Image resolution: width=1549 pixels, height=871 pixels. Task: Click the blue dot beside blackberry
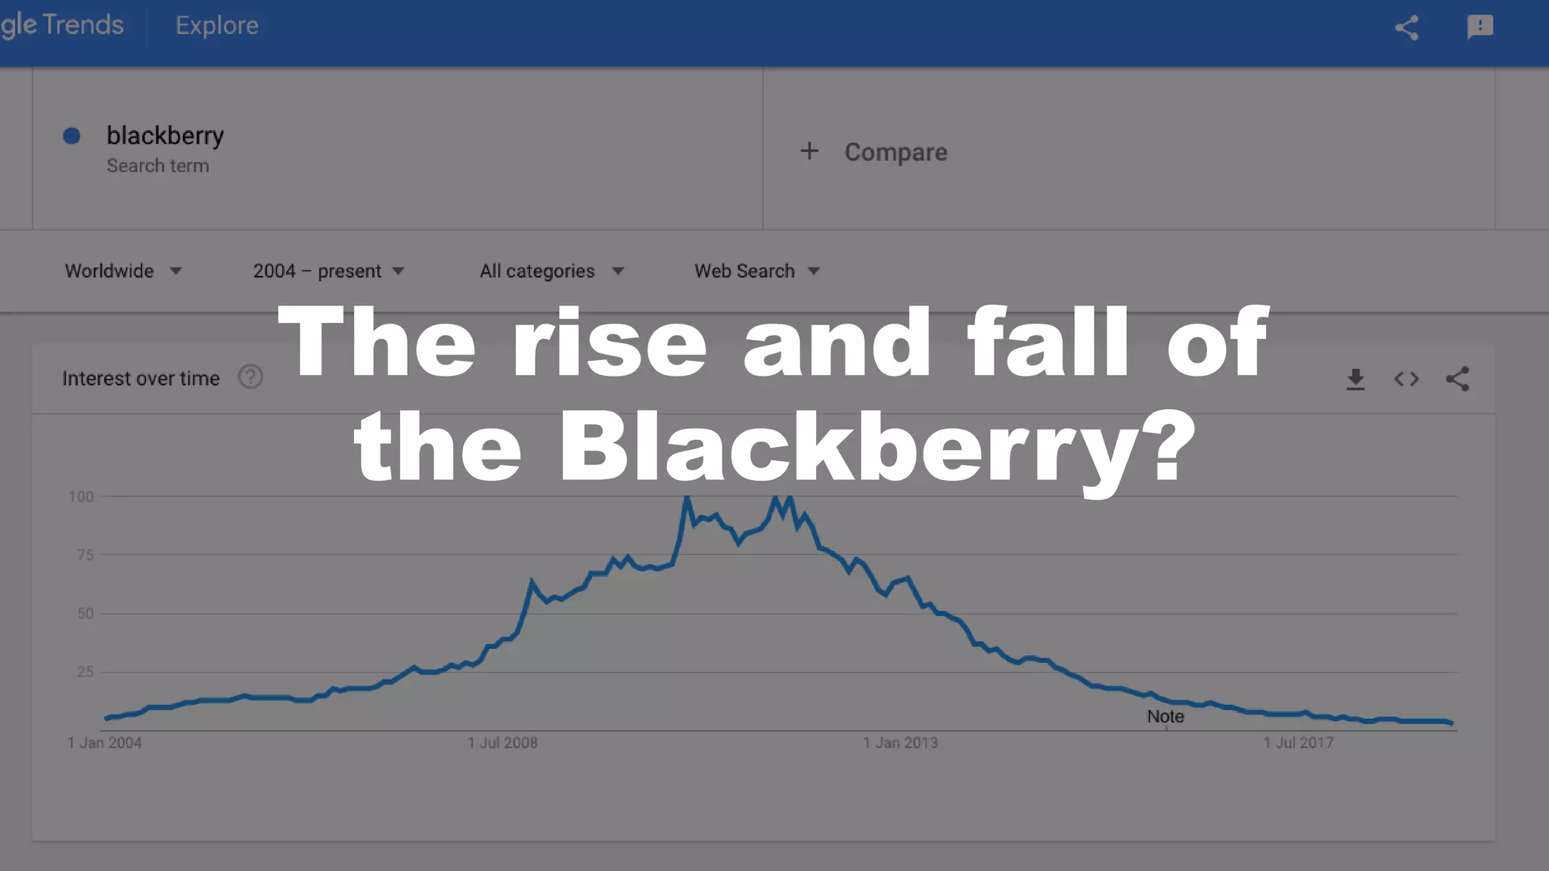tap(72, 136)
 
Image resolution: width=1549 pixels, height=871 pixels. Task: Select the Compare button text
tap(896, 152)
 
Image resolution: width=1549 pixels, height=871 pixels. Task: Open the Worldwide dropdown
tap(123, 271)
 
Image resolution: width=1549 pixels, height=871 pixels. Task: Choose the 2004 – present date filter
tap(328, 271)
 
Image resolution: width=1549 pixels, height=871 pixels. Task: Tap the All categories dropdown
tap(551, 271)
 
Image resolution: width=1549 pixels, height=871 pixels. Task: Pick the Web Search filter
tap(756, 271)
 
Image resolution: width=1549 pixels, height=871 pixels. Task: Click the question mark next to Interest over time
tap(250, 377)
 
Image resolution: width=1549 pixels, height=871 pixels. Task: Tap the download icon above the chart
tap(1355, 379)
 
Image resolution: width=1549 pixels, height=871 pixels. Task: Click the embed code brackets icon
tap(1406, 379)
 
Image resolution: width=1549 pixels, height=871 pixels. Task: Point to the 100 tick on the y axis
tap(81, 497)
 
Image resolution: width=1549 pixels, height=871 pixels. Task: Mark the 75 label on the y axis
tap(85, 555)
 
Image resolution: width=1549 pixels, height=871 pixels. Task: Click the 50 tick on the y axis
tap(85, 613)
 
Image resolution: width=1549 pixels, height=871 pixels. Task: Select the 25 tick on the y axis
tap(85, 671)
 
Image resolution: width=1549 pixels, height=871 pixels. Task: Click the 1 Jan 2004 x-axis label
tap(104, 742)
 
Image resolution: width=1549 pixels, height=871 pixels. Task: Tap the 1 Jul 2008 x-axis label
tap(502, 742)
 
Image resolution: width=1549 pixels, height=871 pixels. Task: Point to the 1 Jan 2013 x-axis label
tap(900, 742)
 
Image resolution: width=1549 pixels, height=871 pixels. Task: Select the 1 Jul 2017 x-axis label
tap(1298, 742)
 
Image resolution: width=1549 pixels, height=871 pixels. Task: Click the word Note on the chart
tap(1165, 716)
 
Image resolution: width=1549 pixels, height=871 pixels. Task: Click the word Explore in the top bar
tap(217, 26)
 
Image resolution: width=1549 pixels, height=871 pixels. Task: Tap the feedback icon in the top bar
tap(1479, 27)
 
